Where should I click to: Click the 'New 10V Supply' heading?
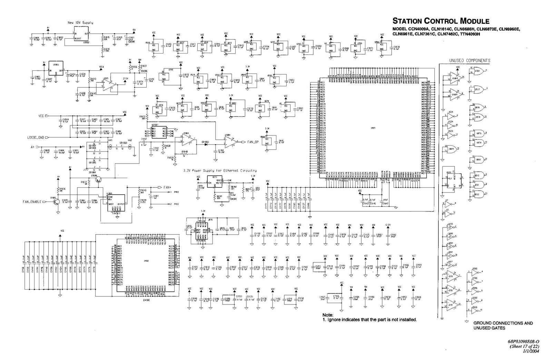click(80, 22)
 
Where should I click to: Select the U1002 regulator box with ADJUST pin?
click(81, 35)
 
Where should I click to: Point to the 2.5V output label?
click(126, 78)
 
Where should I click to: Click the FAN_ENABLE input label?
click(32, 202)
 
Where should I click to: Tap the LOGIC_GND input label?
click(37, 137)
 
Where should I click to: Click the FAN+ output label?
click(167, 187)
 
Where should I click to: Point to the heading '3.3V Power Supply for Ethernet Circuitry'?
click(220, 171)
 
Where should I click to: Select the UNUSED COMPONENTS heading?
click(469, 60)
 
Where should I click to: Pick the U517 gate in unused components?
click(478, 89)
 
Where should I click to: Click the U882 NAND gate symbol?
click(479, 159)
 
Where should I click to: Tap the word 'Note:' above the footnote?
click(328, 315)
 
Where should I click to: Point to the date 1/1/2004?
click(531, 351)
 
